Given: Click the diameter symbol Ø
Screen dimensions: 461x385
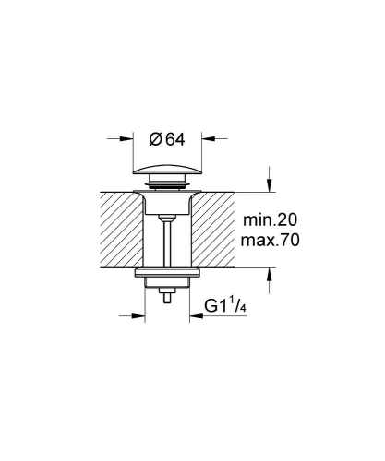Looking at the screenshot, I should [x=156, y=140].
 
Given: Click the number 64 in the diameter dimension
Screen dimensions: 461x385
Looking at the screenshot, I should [x=176, y=140].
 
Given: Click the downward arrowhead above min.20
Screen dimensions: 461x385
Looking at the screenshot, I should [x=270, y=184].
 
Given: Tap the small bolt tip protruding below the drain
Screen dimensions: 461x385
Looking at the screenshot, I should [x=166, y=298].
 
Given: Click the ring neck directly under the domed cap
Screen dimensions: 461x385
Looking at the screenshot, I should [x=167, y=188].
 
